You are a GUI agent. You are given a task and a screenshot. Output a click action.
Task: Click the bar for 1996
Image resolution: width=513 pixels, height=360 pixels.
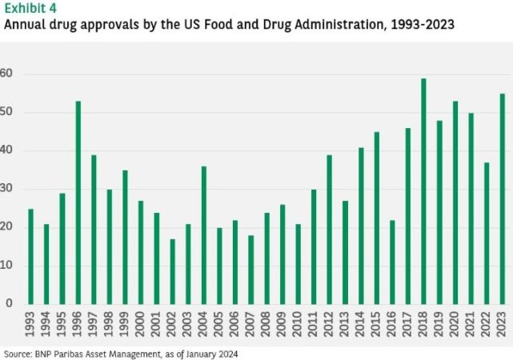point(78,202)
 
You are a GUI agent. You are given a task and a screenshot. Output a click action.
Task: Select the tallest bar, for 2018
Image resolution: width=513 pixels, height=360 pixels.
point(423,191)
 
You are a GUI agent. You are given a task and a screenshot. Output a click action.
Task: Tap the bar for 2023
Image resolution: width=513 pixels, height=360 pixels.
point(502,199)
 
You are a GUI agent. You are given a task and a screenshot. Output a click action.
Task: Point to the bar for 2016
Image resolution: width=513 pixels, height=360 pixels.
point(392,262)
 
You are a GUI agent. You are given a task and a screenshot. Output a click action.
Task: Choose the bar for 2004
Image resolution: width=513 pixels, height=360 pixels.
point(204,235)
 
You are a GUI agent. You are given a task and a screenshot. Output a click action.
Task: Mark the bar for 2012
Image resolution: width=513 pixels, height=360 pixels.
point(330,230)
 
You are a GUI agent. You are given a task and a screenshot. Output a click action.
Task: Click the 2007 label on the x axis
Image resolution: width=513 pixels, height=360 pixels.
point(250,326)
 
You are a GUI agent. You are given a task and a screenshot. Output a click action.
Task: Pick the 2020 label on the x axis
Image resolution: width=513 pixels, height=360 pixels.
point(455,326)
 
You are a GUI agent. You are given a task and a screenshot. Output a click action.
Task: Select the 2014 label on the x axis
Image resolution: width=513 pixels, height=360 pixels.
point(361,326)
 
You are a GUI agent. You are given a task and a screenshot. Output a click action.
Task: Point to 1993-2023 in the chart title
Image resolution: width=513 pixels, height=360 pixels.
point(420,24)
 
